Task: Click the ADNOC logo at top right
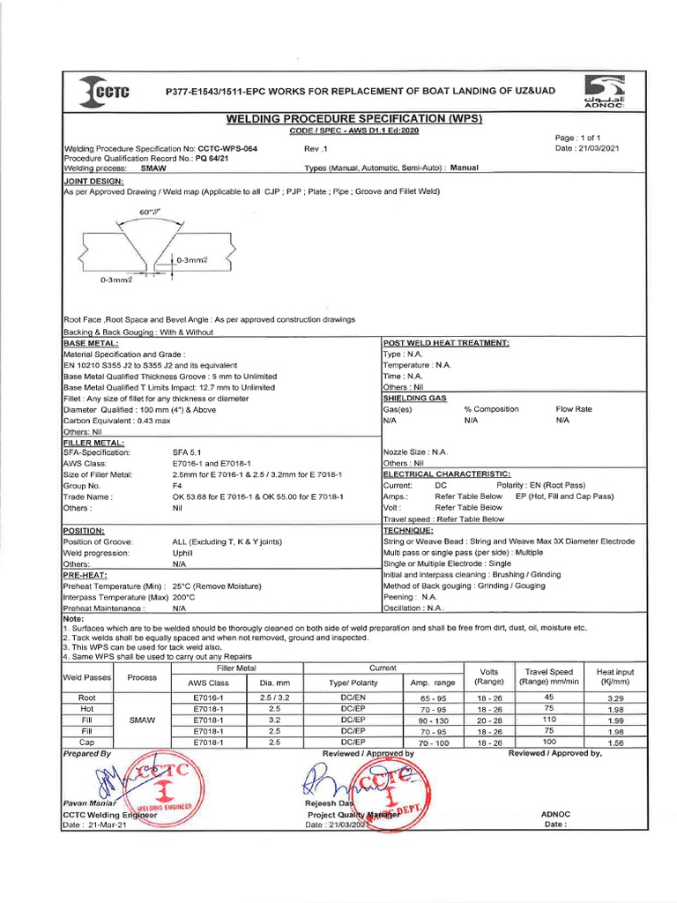pyautogui.click(x=606, y=93)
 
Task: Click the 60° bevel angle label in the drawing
pyautogui.click(x=150, y=212)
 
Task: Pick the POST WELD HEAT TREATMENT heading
pyautogui.click(x=446, y=342)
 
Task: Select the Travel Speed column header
pyautogui.click(x=548, y=677)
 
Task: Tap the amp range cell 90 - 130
pyautogui.click(x=433, y=720)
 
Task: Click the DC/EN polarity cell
pyautogui.click(x=353, y=698)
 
